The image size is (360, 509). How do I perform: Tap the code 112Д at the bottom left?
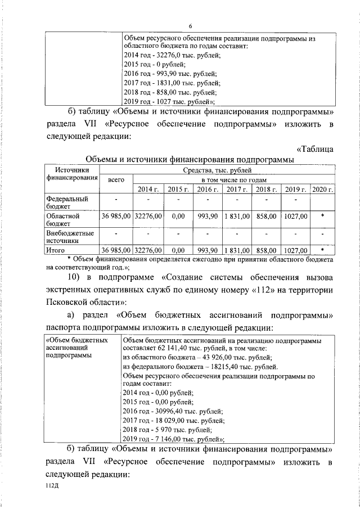(x=53, y=486)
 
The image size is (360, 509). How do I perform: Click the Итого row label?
(x=56, y=250)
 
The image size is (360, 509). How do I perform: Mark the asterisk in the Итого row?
(x=322, y=250)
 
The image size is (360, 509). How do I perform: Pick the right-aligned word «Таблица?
(x=315, y=148)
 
